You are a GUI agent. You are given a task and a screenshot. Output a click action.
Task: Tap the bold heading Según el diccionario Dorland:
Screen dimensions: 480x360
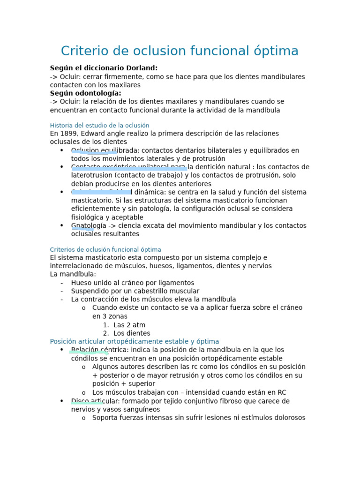pos(104,68)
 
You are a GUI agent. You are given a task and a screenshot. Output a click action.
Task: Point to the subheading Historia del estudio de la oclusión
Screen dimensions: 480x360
pos(99,126)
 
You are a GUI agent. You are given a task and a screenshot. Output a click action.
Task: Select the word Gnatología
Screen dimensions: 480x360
pos(89,225)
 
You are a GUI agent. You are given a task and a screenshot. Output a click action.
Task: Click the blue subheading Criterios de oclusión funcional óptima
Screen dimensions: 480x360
pos(105,250)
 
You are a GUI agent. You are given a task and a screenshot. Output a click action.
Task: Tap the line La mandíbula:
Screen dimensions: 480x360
pos(73,274)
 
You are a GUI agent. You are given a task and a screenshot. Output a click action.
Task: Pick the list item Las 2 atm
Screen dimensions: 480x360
pos(129,325)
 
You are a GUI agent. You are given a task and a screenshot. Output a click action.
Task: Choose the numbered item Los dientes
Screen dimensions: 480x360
pos(132,333)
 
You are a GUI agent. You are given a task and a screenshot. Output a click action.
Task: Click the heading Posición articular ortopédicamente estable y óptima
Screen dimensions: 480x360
pos(134,342)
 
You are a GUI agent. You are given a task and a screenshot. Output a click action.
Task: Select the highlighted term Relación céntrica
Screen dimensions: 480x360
pos(100,350)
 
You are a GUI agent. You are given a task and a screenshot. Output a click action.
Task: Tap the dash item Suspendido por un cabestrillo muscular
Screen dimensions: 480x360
pos(135,291)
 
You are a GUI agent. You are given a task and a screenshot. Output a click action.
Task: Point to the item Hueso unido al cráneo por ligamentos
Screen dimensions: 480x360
pos(132,283)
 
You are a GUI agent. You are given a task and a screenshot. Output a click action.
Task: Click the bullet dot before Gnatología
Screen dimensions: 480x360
pos(62,225)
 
